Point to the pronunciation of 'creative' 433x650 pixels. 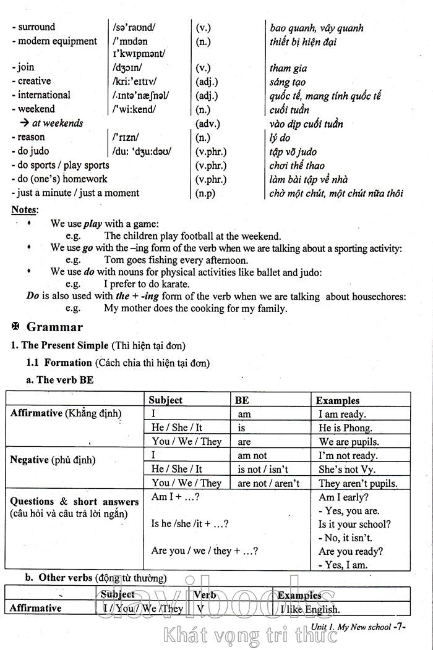coord(134,82)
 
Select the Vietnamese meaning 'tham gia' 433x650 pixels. coord(288,69)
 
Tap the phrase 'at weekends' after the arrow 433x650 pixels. coord(58,124)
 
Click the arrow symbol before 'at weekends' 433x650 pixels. coord(25,124)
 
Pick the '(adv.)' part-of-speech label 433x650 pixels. coord(208,124)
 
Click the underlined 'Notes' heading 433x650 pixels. coord(24,210)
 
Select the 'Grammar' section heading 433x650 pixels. coord(54,327)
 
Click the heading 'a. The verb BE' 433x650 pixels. coord(60,381)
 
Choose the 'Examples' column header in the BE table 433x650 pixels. coord(338,400)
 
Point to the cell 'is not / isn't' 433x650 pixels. coord(263,470)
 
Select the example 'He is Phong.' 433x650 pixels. coord(345,428)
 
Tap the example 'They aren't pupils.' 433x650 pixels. coord(358,484)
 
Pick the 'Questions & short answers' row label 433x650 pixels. coord(74,502)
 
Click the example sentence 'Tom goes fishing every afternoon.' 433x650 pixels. coord(176,260)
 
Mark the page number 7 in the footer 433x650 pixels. coord(400,627)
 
